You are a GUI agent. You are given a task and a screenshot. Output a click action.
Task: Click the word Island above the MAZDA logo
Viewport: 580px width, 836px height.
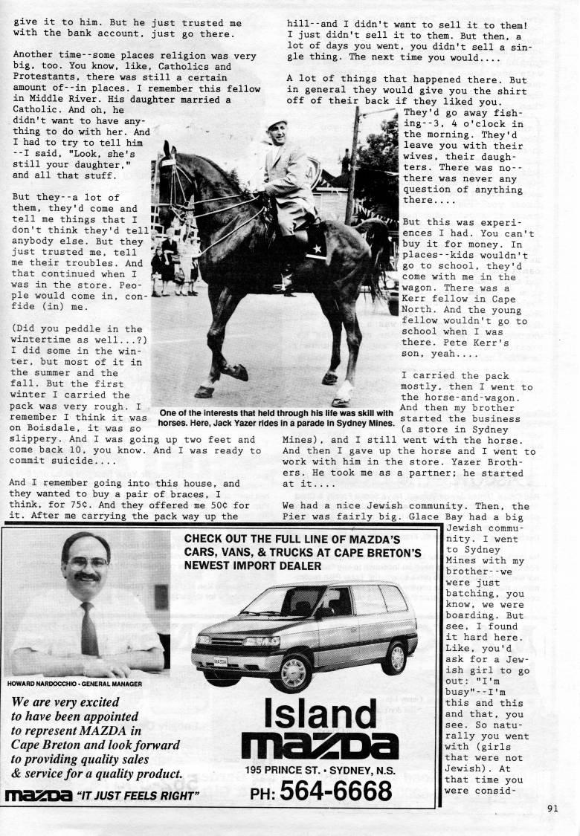pyautogui.click(x=320, y=714)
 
